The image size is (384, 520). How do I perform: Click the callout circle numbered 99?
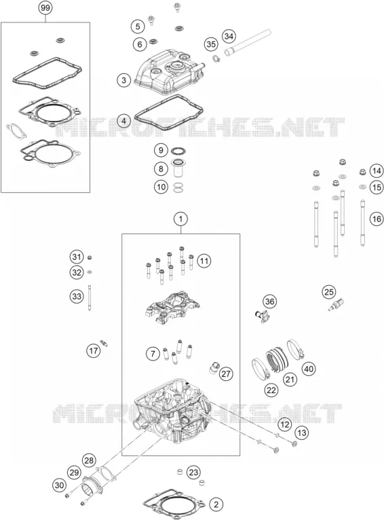(x=45, y=7)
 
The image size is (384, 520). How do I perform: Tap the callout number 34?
(x=229, y=36)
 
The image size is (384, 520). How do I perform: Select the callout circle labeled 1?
(x=181, y=219)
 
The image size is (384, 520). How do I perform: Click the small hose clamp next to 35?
(x=216, y=58)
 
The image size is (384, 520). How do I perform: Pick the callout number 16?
(x=377, y=219)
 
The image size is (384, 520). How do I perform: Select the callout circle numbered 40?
(x=309, y=369)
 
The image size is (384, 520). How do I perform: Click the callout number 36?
(x=270, y=301)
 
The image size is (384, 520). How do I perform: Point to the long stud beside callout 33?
(x=90, y=297)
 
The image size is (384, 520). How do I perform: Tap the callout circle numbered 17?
(x=94, y=350)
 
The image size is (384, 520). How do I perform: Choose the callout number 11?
(x=204, y=261)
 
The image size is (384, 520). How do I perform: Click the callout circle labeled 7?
(x=153, y=354)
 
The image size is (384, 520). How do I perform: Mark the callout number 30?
(x=59, y=486)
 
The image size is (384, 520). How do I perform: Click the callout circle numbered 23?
(x=193, y=472)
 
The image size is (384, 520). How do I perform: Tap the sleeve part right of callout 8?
(x=178, y=169)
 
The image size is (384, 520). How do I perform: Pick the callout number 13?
(x=302, y=432)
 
